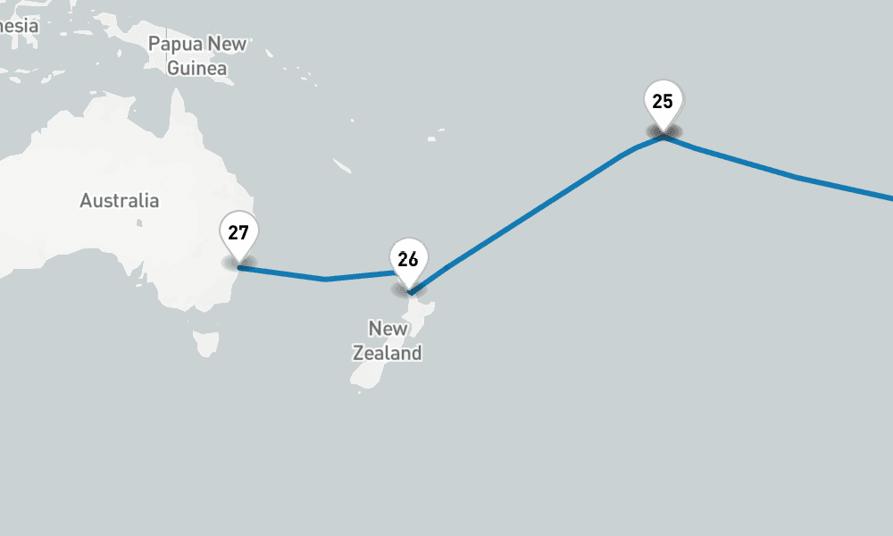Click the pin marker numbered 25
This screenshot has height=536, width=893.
click(x=663, y=102)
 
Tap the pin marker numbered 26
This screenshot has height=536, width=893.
click(x=408, y=260)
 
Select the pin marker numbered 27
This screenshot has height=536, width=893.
click(x=238, y=234)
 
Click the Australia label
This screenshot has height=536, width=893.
click(x=120, y=201)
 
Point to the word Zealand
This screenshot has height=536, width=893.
click(x=387, y=353)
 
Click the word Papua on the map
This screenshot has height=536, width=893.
click(x=175, y=44)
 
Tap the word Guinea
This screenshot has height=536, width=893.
click(x=197, y=68)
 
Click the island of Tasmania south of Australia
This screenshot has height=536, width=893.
click(x=206, y=342)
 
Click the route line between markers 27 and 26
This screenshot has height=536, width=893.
click(x=286, y=274)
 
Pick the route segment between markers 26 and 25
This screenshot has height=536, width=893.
click(x=536, y=211)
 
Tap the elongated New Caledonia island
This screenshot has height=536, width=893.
click(x=342, y=166)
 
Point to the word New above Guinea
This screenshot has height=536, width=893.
click(x=227, y=44)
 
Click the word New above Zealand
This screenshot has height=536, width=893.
click(x=388, y=329)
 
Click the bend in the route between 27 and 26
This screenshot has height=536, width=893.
click(x=326, y=280)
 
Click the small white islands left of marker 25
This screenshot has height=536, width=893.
click(x=436, y=137)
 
